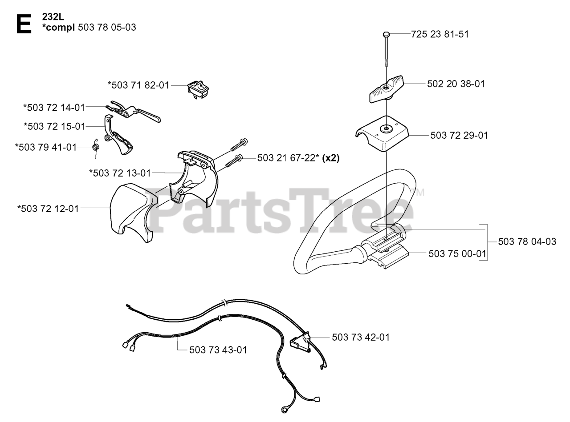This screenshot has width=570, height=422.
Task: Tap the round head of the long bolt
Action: coord(386,34)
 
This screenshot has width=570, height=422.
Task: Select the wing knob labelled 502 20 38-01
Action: coord(386,88)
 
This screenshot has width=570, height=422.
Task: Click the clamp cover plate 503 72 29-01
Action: coord(383,133)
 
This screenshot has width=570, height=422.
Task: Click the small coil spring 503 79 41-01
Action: coord(95,147)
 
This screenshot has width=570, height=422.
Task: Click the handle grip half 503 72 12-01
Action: coord(130,213)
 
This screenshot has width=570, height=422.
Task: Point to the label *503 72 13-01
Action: coord(120,173)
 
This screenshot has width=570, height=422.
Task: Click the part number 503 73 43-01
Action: coord(218,350)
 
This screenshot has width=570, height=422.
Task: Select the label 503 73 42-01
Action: coord(360,337)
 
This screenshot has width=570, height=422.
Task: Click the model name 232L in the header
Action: coord(54,17)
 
